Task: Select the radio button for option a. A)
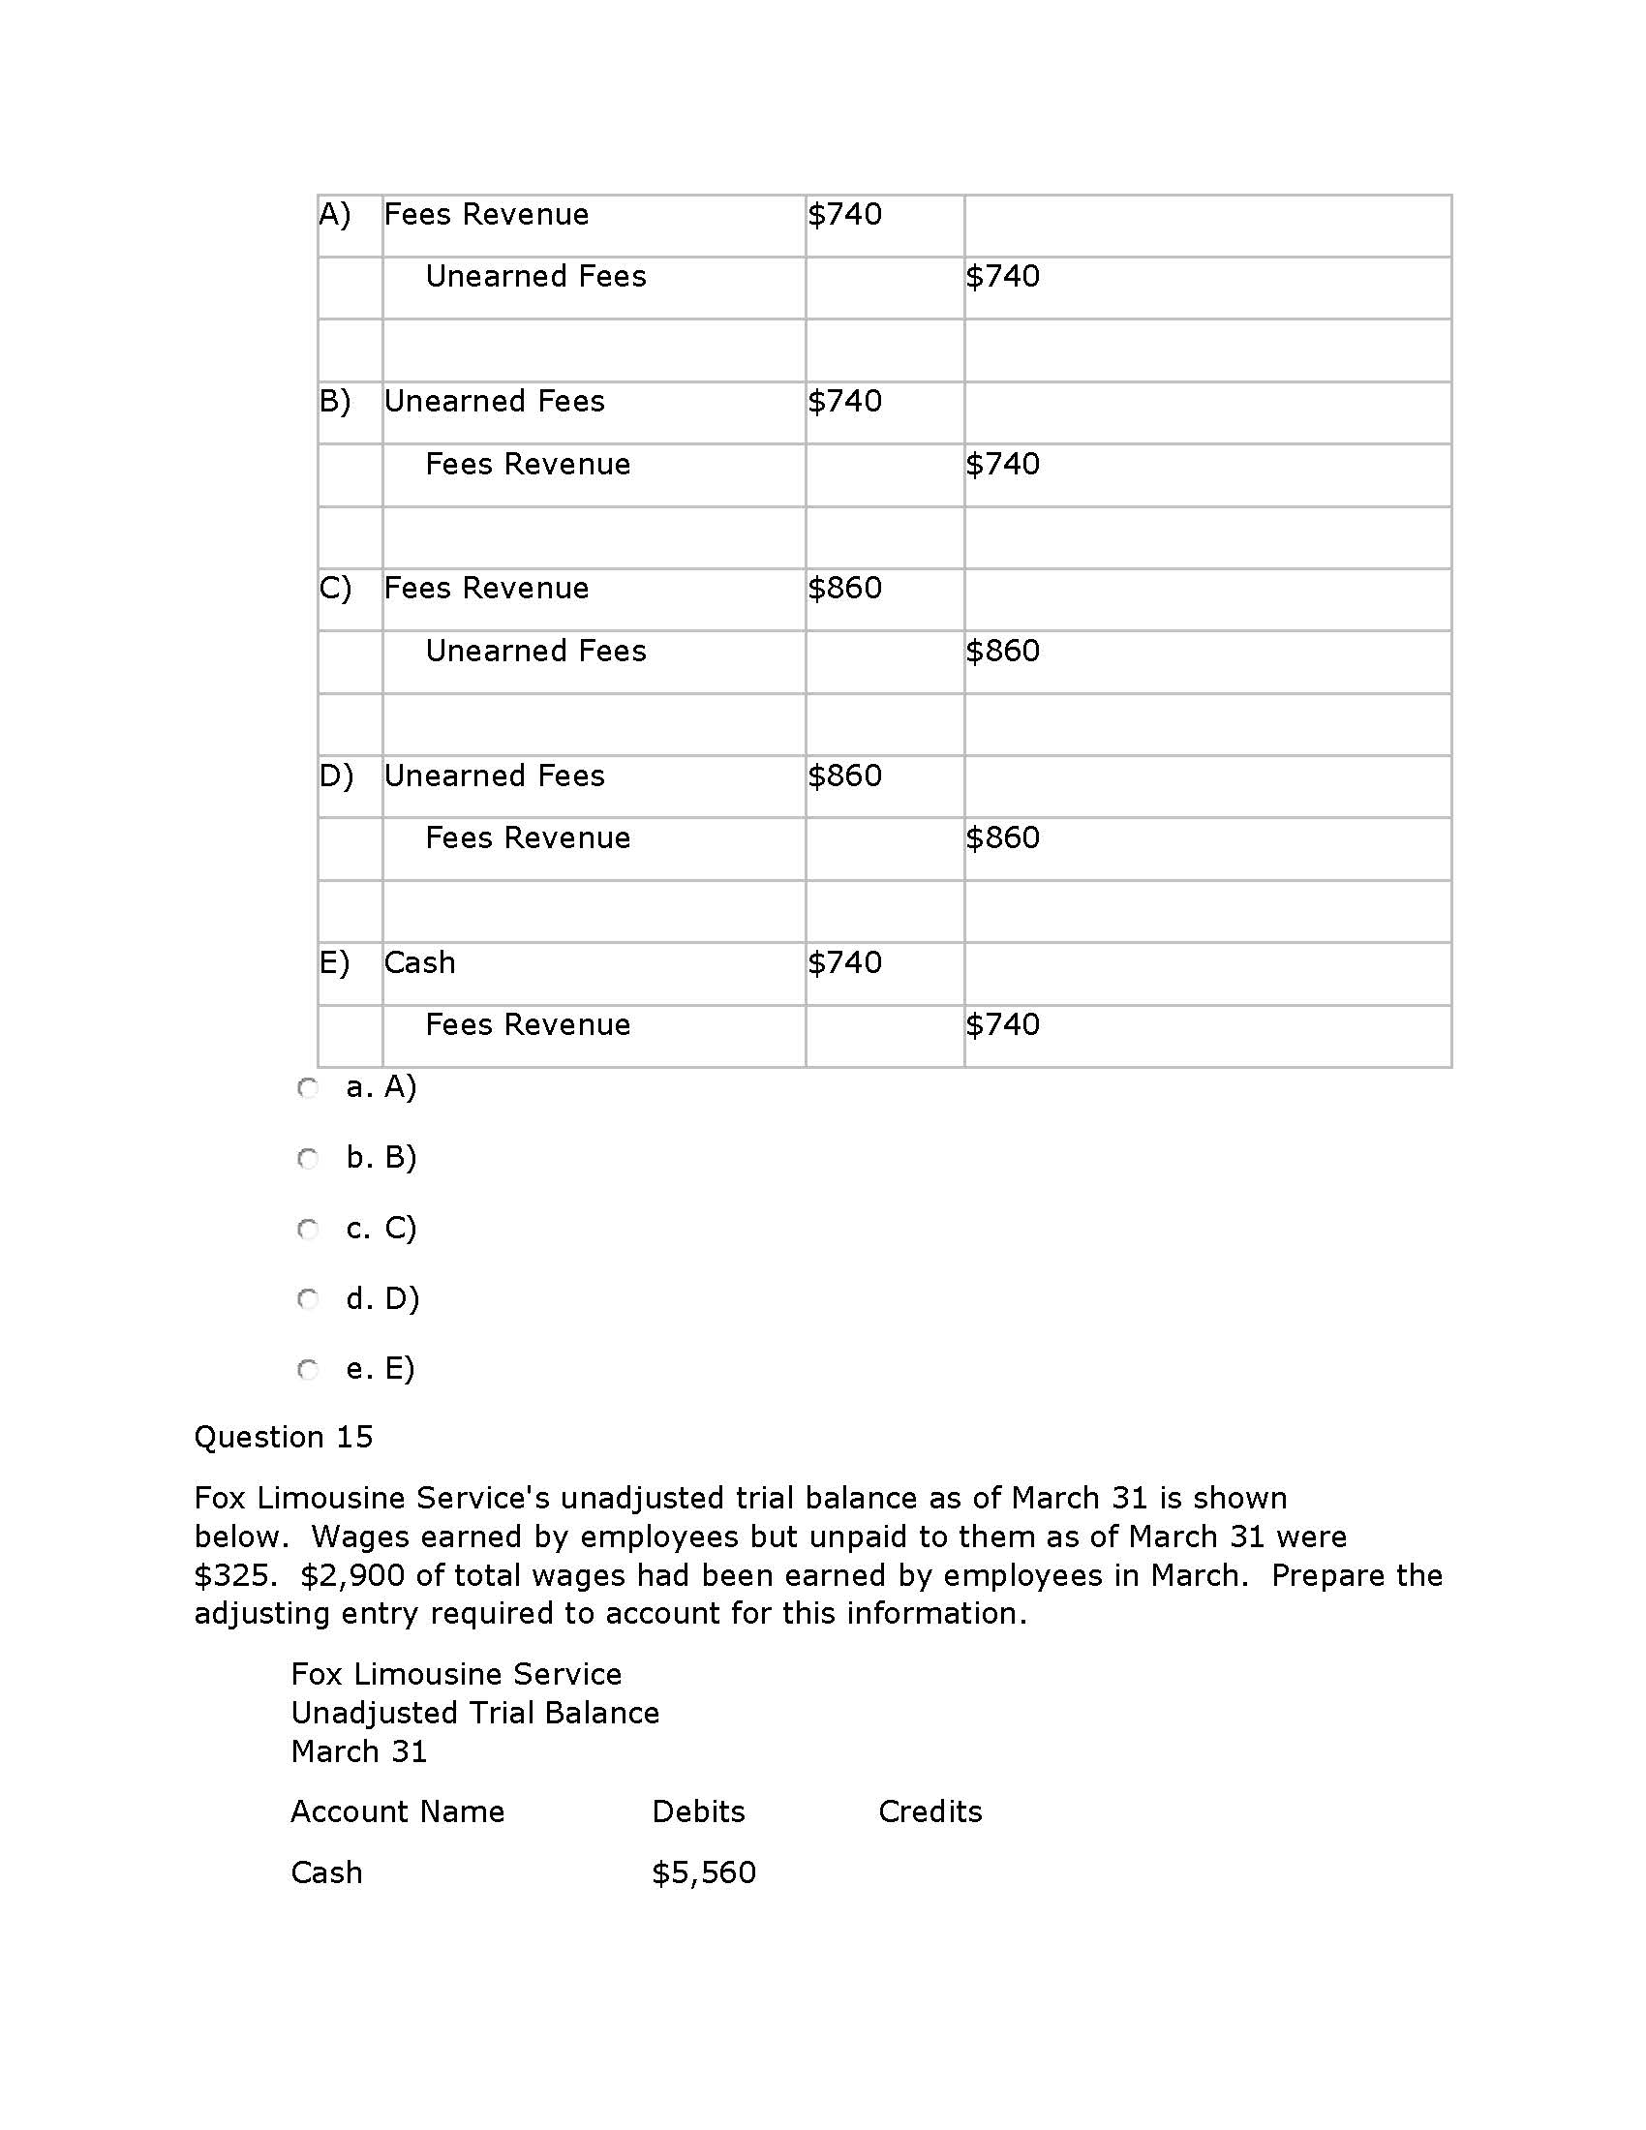308,1087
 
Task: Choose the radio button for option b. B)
308,1158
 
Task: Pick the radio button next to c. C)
308,1229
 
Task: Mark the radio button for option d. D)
308,1299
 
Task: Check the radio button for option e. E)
308,1369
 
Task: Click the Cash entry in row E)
419,962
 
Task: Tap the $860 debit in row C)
844,588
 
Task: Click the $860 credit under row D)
1002,837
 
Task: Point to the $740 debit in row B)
844,401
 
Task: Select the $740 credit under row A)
1002,276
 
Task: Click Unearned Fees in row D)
494,776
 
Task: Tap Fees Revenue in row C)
486,588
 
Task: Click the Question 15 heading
283,1437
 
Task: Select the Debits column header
698,1811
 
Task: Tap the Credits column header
930,1811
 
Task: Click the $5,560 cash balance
703,1872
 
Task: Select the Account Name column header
398,1811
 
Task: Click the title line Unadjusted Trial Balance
474,1713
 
